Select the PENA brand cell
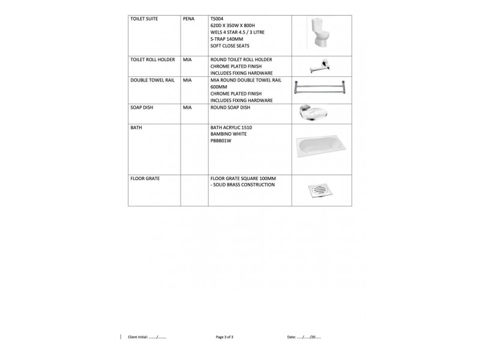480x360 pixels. [188, 19]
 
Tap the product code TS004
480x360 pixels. [217, 19]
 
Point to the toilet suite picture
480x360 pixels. [318, 34]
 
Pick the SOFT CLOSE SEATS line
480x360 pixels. [230, 46]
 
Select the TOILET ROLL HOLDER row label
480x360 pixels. [152, 60]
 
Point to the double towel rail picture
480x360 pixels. [319, 88]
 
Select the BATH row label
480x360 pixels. [136, 128]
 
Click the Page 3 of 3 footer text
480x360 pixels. [224, 337]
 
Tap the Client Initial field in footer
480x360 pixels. [147, 337]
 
